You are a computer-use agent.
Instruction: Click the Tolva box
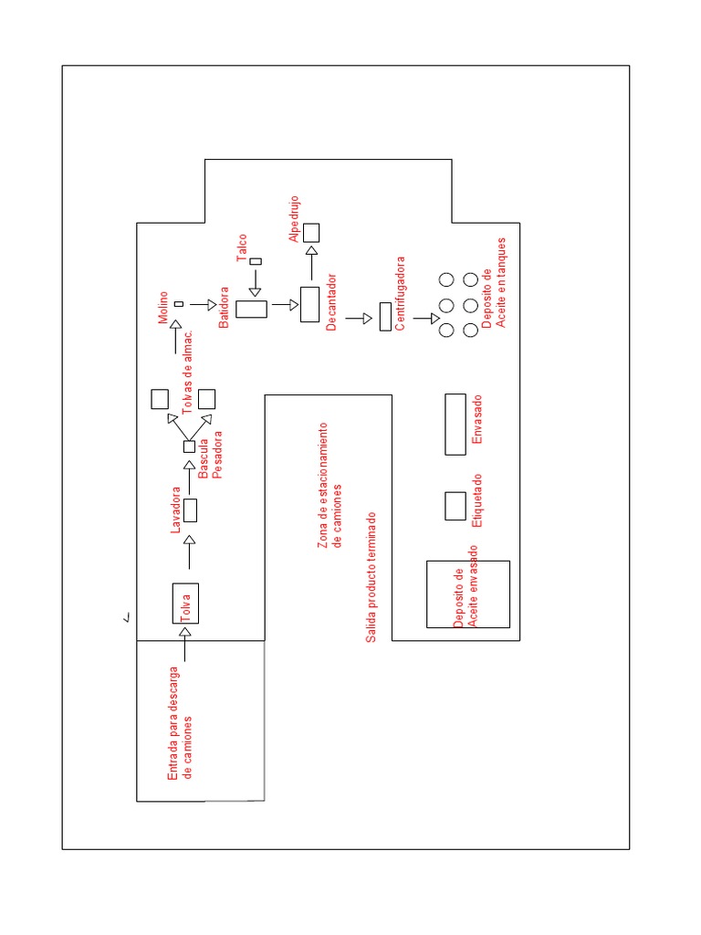click(185, 604)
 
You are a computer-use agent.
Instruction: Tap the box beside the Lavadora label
click(191, 510)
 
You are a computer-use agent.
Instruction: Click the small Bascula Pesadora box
click(190, 446)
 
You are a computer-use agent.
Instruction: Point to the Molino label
click(163, 308)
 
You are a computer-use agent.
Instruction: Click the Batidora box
click(251, 309)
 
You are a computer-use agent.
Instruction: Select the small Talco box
click(256, 261)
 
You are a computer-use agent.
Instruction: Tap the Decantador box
click(310, 305)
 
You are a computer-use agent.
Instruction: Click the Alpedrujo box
click(311, 233)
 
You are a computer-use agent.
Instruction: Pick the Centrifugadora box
click(384, 317)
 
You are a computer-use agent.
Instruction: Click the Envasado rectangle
click(455, 424)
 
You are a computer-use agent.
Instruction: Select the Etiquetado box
click(455, 506)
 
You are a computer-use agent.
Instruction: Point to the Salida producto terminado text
click(371, 576)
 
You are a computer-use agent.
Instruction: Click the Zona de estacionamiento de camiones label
click(330, 487)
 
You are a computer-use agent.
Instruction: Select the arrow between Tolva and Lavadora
click(190, 553)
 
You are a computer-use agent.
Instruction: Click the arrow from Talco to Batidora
click(256, 282)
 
